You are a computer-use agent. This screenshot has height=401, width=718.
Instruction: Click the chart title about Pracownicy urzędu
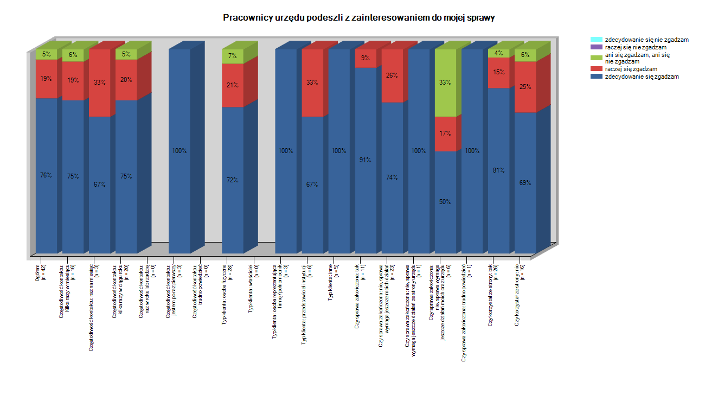pyautogui.click(x=358, y=18)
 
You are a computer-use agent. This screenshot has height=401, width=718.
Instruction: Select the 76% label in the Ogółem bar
pyautogui.click(x=46, y=175)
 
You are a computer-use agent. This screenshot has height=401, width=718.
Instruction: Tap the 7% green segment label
pyautogui.click(x=232, y=56)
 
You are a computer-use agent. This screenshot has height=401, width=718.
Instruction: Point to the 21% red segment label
pyautogui.click(x=232, y=85)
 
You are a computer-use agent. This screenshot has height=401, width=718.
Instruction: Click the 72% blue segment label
pyautogui.click(x=232, y=180)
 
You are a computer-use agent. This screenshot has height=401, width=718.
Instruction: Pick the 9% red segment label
pyautogui.click(x=365, y=58)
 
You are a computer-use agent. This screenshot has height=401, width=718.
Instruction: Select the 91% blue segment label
pyautogui.click(x=365, y=160)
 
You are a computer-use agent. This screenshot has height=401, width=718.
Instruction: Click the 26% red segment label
pyautogui.click(x=392, y=75)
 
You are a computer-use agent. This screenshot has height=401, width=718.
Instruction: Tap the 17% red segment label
pyautogui.click(x=445, y=133)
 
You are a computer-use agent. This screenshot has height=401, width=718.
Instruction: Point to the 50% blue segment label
pyautogui.click(x=445, y=202)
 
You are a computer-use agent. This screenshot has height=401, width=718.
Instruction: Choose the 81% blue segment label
pyautogui.click(x=498, y=170)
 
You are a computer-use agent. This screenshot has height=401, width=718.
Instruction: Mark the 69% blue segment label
pyautogui.click(x=525, y=183)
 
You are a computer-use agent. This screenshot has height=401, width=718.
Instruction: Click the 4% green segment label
pyautogui.click(x=498, y=53)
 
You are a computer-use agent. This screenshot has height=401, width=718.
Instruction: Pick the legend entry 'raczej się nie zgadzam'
pyautogui.click(x=636, y=47)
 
